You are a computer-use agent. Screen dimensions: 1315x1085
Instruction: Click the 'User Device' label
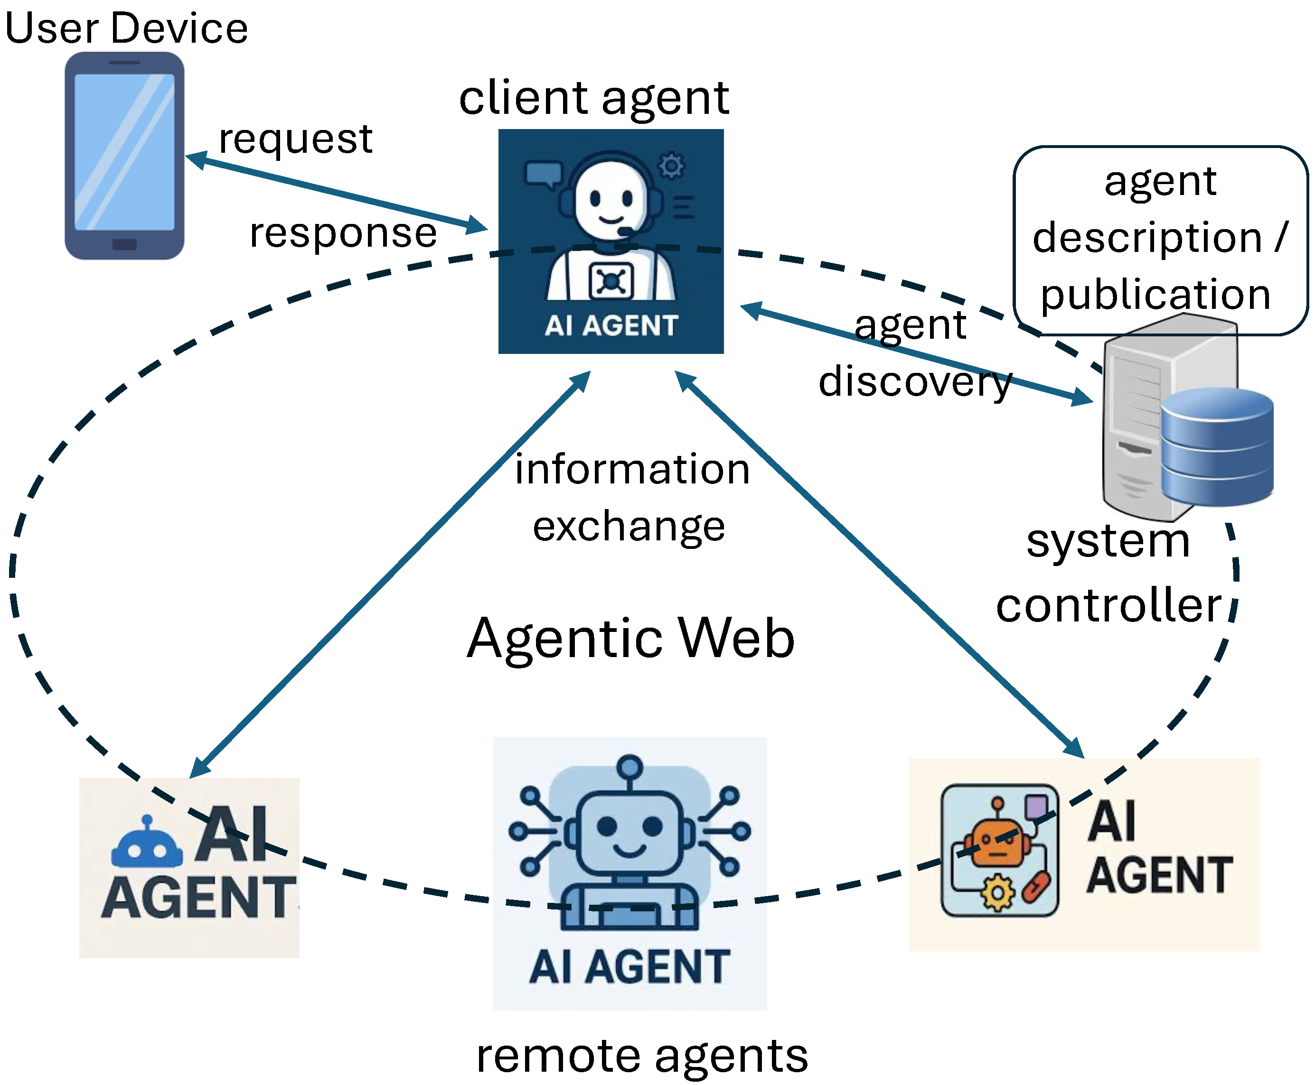tap(126, 29)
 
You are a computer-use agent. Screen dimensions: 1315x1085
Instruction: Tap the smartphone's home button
tap(124, 244)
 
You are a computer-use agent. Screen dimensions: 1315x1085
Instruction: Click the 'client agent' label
tap(594, 99)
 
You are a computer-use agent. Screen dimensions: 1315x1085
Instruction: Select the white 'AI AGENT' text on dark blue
tap(611, 325)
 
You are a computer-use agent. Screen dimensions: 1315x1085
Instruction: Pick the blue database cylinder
tap(1217, 446)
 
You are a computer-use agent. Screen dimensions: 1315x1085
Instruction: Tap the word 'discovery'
tap(915, 382)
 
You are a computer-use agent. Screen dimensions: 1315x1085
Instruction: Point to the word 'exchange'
tap(629, 527)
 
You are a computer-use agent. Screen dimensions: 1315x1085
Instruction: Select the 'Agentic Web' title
tap(631, 638)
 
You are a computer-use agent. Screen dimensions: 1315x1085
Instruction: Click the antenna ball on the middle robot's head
tap(629, 766)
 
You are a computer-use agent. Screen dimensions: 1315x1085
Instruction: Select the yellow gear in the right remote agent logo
tap(997, 893)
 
